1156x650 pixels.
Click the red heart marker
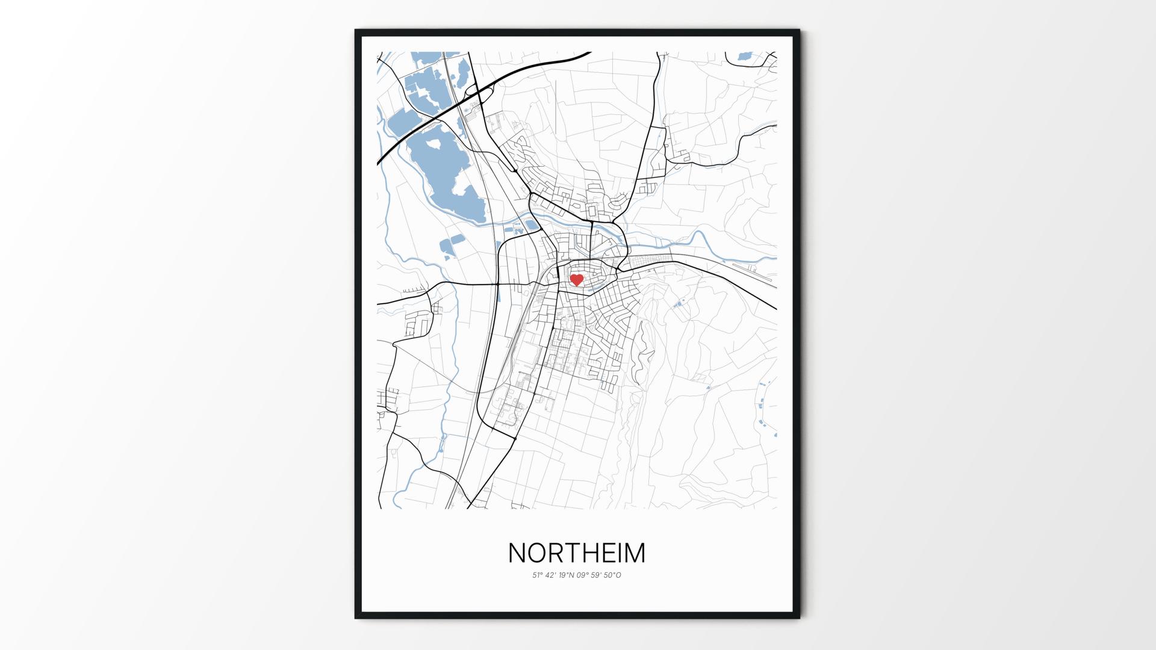tap(577, 280)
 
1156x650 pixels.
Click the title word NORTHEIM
tap(577, 553)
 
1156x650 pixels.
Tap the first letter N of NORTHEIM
tap(518, 553)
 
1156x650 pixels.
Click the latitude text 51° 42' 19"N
tap(553, 575)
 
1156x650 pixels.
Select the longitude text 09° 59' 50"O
tap(599, 575)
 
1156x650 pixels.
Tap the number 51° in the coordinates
tap(537, 575)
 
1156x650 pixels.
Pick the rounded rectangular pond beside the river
tap(532, 225)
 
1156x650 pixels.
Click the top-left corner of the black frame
tap(356, 30)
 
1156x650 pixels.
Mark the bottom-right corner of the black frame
tap(799, 617)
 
